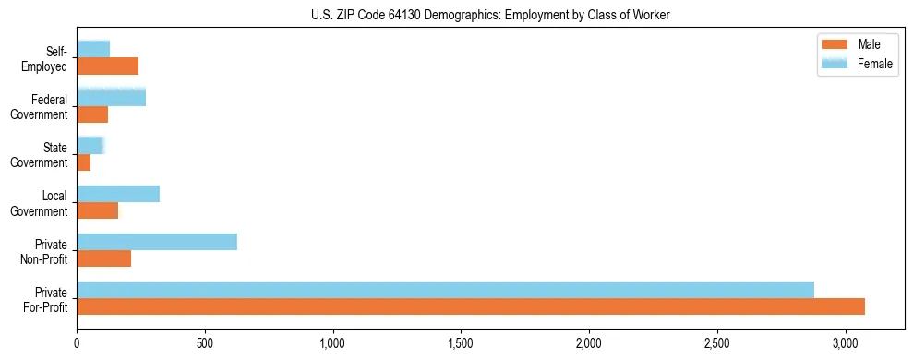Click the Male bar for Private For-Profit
point(471,306)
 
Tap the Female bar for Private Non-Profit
point(157,242)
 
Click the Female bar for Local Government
point(118,194)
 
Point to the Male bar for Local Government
point(98,210)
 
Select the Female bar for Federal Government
point(112,98)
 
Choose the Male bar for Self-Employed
point(108,66)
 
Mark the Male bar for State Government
point(84,162)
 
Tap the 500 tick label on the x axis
point(205,343)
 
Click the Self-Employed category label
point(47,59)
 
